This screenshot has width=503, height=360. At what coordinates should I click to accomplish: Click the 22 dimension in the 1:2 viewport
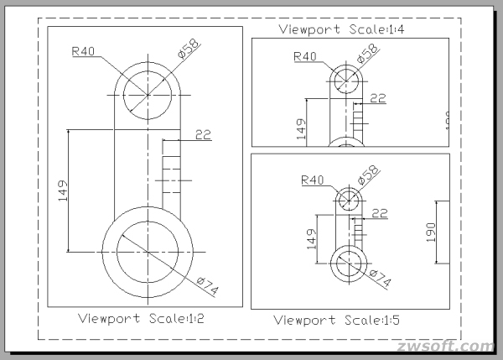pyautogui.click(x=202, y=133)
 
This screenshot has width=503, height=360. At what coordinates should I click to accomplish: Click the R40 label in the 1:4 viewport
pyautogui.click(x=306, y=56)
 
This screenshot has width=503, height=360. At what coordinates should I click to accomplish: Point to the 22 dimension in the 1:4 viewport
pyautogui.click(x=377, y=98)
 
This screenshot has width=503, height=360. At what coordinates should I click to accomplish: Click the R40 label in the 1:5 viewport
pyautogui.click(x=312, y=180)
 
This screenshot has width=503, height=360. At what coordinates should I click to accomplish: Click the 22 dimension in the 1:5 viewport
pyautogui.click(x=380, y=214)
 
